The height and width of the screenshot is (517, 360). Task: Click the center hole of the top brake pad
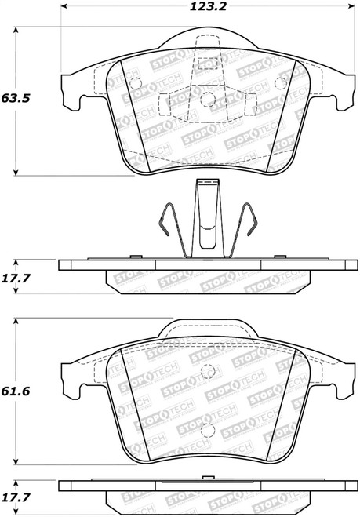(x=208, y=98)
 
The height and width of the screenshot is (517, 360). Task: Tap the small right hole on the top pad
(x=281, y=82)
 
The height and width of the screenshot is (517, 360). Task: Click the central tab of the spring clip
(x=207, y=208)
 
